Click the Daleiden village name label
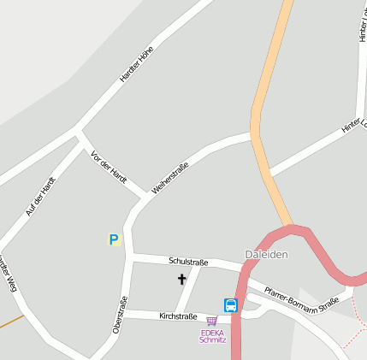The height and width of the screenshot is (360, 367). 266,255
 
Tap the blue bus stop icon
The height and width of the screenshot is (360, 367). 230,304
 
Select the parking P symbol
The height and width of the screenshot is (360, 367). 114,240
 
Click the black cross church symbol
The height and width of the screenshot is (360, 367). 181,279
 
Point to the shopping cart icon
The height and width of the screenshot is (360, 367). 211,322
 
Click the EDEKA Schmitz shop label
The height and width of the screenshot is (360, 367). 212,336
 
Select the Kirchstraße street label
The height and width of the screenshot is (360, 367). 178,316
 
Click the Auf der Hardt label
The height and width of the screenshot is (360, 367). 40,196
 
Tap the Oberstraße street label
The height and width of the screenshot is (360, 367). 120,315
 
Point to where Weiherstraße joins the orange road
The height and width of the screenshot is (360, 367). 254,135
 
